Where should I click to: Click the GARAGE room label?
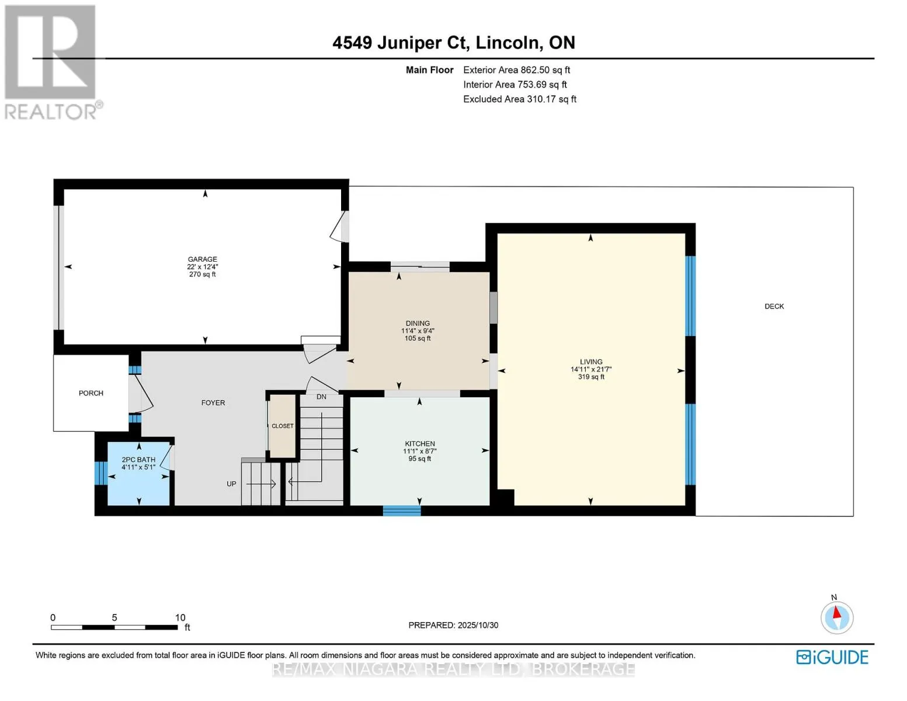pos(202,259)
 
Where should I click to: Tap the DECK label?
pos(774,306)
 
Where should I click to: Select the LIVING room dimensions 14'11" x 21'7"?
pos(590,369)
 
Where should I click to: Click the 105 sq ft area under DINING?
pos(418,338)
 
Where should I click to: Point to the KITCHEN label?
pos(419,443)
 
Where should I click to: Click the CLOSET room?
pos(283,426)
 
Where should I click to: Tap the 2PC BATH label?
pos(138,460)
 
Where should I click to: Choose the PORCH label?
pos(91,393)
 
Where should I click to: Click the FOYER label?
pos(213,402)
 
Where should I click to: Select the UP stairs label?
pos(231,484)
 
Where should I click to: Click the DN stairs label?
pos(321,397)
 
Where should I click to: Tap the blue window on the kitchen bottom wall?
pos(402,511)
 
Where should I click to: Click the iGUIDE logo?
pos(832,657)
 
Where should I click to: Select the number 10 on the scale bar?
pos(180,617)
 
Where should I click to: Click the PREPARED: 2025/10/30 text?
pos(453,625)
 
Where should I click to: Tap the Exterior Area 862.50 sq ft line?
pos(516,70)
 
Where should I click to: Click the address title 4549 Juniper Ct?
pos(400,43)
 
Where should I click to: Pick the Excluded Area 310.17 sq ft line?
pos(519,99)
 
